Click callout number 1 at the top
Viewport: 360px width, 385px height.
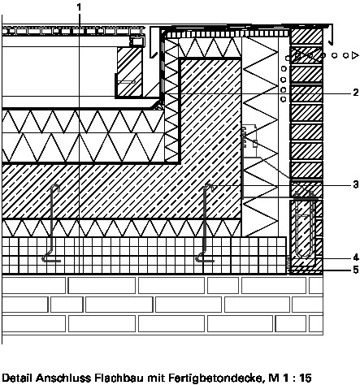(79, 7)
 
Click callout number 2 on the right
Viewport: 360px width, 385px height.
(356, 93)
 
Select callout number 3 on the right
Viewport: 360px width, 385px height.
(356, 185)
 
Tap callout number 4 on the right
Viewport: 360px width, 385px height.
(356, 257)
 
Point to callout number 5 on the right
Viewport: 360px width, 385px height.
(356, 270)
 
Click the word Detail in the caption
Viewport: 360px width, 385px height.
(17, 378)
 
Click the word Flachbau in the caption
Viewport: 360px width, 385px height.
(119, 378)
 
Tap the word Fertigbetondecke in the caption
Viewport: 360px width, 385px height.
(215, 378)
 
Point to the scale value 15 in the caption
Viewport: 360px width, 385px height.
(306, 378)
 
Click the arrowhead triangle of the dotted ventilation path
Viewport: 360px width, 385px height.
(355, 55)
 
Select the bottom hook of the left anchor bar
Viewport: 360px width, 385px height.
(51, 258)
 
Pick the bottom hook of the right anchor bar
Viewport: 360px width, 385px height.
(205, 258)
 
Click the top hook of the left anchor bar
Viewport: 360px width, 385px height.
(56, 187)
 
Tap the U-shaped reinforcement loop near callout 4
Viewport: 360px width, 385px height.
(305, 225)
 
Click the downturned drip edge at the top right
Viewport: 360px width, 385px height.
(330, 35)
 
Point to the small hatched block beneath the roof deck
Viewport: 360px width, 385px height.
(129, 71)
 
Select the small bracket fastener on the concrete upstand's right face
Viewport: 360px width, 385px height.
(249, 141)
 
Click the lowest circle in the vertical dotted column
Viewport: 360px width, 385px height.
(283, 99)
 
